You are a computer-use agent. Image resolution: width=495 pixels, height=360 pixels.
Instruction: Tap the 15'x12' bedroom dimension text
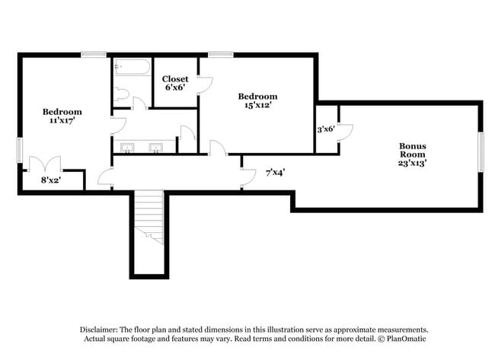[257, 105]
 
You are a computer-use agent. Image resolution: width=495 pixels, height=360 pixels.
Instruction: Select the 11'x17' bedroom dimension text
[62, 120]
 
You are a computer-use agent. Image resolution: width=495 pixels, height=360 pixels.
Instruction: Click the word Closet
[174, 79]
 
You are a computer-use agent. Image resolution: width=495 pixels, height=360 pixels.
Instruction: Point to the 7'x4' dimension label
[275, 172]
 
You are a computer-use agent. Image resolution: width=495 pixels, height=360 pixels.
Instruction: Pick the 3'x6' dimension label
[325, 129]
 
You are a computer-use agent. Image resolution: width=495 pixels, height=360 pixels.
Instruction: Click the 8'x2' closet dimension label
[51, 180]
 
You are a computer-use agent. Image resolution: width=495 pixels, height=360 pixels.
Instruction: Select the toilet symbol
[121, 94]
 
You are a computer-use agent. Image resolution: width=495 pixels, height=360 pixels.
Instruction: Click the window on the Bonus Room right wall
[481, 151]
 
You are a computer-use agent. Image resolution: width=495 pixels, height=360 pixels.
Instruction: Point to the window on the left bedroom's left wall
[19, 149]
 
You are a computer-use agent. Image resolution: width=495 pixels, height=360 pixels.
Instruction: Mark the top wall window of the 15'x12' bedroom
[221, 54]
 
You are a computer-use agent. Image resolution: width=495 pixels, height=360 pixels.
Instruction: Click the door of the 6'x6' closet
[205, 86]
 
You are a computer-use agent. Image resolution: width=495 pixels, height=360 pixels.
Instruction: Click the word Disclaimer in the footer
[102, 330]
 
